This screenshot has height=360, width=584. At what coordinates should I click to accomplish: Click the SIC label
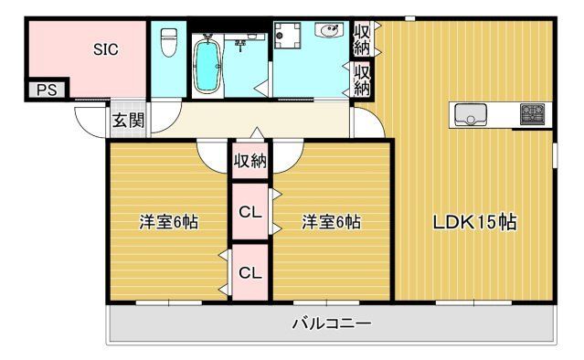(x=106, y=49)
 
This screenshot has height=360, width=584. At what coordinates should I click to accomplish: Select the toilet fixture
(x=167, y=42)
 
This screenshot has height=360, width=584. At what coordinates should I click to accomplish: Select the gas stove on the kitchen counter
(x=532, y=115)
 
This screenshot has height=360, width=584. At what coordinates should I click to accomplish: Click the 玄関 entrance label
(x=128, y=119)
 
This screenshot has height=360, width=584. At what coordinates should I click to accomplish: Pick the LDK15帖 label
(x=475, y=222)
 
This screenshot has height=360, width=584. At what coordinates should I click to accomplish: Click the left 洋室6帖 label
(x=169, y=222)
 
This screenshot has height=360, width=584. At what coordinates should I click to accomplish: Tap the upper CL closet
(x=250, y=212)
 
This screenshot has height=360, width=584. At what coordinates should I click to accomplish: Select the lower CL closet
(x=250, y=271)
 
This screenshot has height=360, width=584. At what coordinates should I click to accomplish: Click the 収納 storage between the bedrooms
(x=250, y=162)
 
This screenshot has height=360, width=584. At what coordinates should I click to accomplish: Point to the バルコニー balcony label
(x=331, y=323)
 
